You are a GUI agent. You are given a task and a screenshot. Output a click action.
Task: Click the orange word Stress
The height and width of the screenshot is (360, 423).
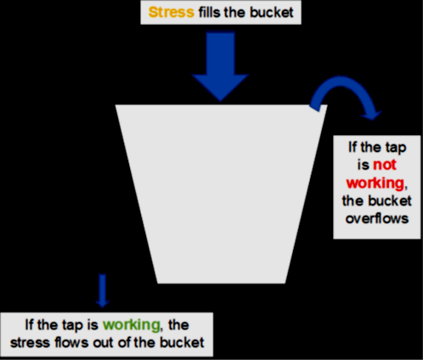click(172, 13)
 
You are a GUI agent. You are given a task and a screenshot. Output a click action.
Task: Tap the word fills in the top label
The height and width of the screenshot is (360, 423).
click(209, 13)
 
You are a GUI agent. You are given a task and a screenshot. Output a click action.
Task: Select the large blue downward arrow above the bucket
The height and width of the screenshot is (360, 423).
click(220, 66)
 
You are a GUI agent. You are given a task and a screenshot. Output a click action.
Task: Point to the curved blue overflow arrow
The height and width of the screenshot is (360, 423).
click(341, 82)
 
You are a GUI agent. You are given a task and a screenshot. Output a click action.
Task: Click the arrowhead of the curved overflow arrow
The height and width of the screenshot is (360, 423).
click(371, 115)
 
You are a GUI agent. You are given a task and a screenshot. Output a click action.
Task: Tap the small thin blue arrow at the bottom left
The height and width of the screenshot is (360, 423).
click(103, 290)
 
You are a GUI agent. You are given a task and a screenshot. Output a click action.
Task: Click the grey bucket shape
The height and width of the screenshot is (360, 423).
click(221, 194)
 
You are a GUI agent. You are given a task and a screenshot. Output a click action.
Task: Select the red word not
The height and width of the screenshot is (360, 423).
click(385, 165)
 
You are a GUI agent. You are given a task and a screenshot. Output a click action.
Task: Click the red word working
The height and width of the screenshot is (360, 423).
click(375, 183)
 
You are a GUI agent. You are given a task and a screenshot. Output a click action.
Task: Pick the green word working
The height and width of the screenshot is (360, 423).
click(132, 325)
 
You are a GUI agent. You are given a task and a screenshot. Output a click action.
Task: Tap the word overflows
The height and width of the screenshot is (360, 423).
click(377, 218)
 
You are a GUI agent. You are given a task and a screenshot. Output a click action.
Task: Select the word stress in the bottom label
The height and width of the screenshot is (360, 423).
click(30, 343)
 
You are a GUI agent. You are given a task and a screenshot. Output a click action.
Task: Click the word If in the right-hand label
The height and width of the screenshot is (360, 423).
click(352, 147)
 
